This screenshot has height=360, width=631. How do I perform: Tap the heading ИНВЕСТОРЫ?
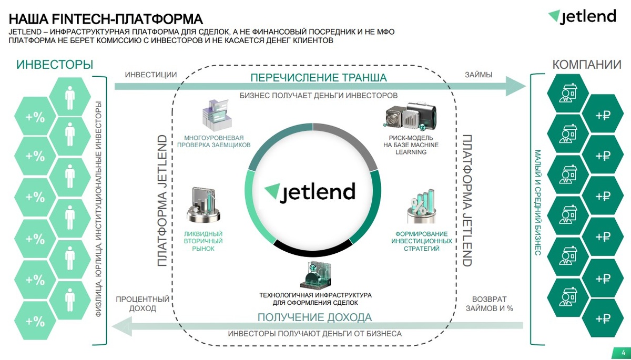tap(55, 65)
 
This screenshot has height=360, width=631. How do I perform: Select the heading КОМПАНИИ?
tap(586, 65)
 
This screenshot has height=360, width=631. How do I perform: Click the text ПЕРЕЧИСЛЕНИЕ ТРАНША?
tap(318, 78)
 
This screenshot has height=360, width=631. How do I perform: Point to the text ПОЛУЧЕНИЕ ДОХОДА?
tap(314, 317)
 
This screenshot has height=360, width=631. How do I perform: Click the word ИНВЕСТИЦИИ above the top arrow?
tap(151, 75)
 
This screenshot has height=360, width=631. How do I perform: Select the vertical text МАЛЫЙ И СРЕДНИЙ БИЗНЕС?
tap(538, 202)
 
